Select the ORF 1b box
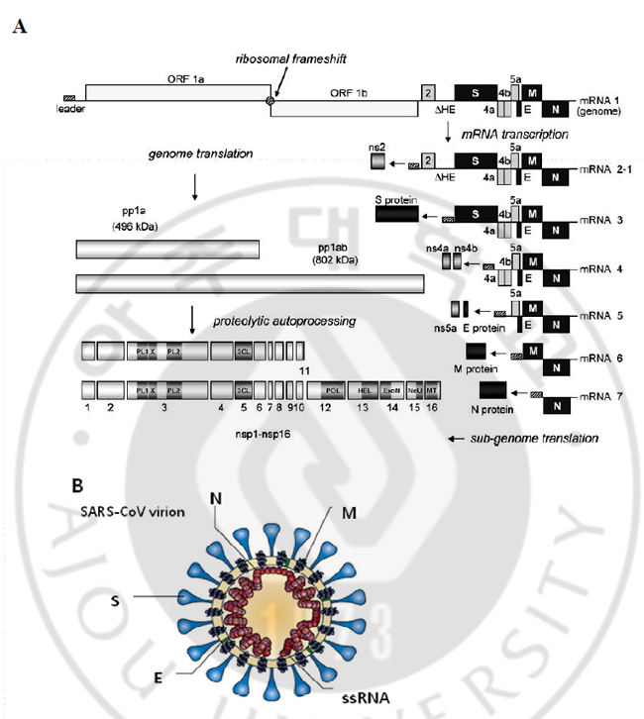tap(344, 108)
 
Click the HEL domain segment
tap(364, 391)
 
